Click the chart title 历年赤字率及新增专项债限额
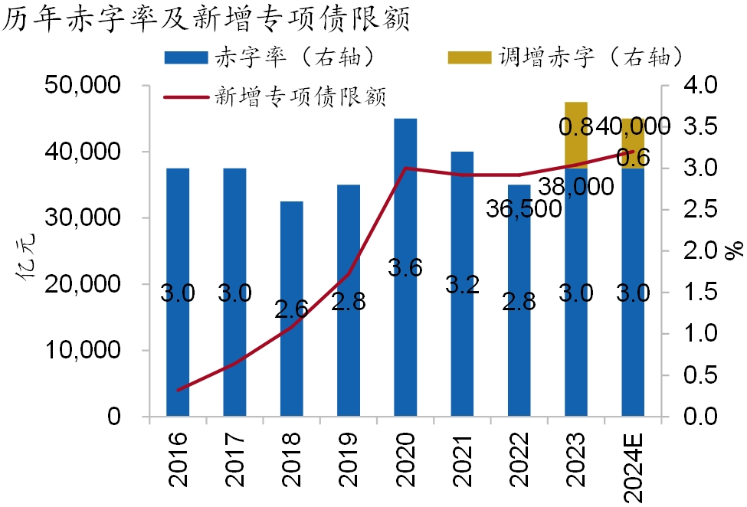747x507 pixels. pos(207,18)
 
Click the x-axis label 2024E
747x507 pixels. pos(633,467)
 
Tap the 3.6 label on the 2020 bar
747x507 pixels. pos(405,270)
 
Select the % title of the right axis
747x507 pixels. pos(735,250)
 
